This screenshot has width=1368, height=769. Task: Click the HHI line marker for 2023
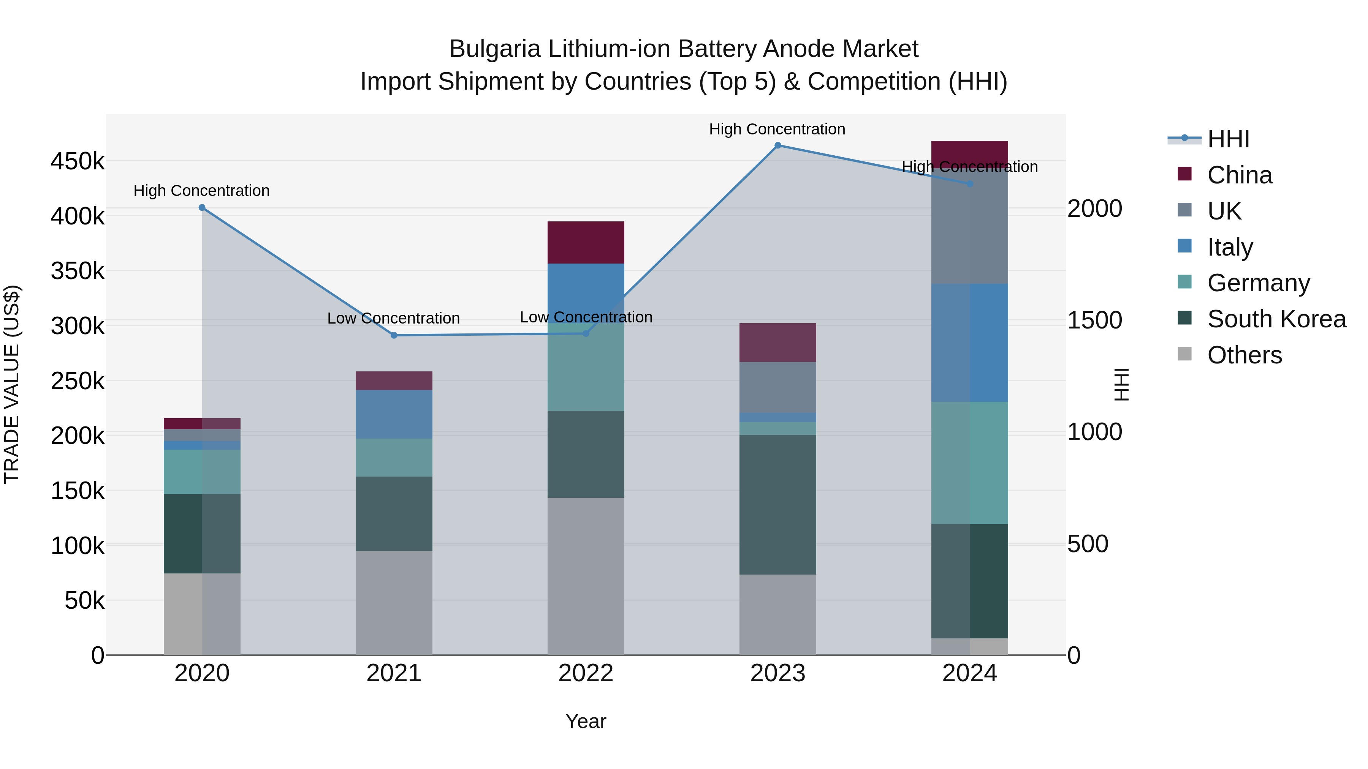pos(777,145)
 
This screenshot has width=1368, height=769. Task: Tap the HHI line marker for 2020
pos(202,207)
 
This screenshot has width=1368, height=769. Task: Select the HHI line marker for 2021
pos(394,335)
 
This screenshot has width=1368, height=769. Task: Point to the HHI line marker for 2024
pos(970,184)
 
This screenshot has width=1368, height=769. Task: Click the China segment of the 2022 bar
pos(586,243)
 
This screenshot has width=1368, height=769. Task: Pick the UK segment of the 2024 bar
pos(970,234)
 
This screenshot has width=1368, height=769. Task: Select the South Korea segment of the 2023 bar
pos(777,504)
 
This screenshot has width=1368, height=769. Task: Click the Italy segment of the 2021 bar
pos(394,414)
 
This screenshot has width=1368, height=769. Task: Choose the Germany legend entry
pos(1259,283)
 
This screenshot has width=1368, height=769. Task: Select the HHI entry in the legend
pos(1228,139)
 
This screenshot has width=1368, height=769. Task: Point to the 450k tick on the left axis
pos(78,161)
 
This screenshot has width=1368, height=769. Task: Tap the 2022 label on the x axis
pos(586,673)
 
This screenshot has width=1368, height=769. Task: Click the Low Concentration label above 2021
pos(394,319)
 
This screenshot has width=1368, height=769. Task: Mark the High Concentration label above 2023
pos(777,129)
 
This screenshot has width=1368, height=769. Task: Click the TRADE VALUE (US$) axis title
pos(12,384)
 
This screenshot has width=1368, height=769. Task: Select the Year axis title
pos(586,721)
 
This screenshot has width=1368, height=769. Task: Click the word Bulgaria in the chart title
pos(495,49)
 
